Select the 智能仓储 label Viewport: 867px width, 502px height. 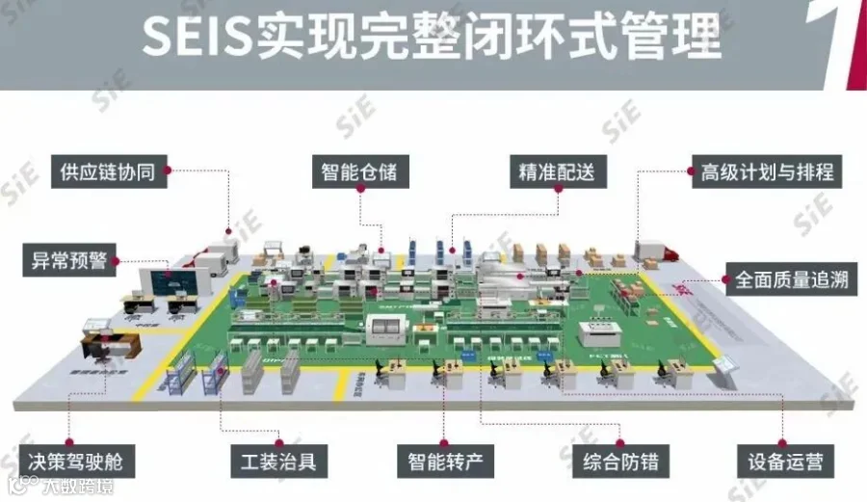pyautogui.click(x=359, y=172)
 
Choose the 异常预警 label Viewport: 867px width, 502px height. pyautogui.click(x=64, y=259)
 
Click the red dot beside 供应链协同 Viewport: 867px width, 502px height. pyautogui.click(x=166, y=172)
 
